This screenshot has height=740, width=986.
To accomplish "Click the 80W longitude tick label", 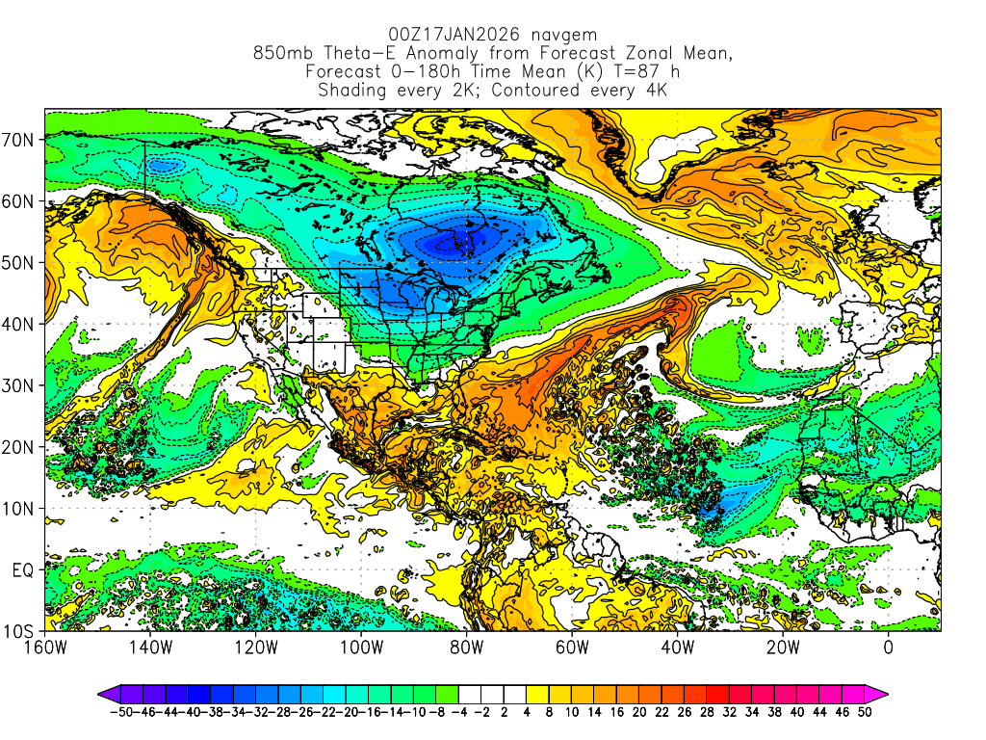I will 466,647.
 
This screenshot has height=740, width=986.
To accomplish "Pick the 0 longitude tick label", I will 888,647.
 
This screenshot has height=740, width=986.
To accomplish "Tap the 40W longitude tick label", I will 677,647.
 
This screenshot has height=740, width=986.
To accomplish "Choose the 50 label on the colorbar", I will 866,712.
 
